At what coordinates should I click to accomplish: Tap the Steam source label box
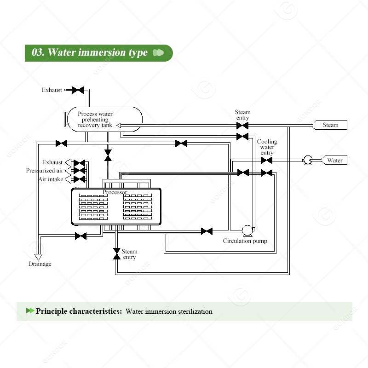[x=330, y=125]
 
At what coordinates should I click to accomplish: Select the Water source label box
[x=334, y=160]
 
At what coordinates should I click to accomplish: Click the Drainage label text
[x=40, y=264]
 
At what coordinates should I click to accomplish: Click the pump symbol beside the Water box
[x=306, y=160]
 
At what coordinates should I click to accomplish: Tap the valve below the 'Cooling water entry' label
[x=266, y=160]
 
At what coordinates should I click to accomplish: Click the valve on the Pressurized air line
[x=80, y=171]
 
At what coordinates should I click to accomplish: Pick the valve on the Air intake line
[x=80, y=179]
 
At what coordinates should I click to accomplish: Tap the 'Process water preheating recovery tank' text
[x=95, y=120]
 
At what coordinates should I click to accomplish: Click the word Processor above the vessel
[x=115, y=192]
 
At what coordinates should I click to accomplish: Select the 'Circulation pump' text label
[x=245, y=241]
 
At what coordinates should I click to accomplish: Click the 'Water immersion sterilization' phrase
[x=169, y=311]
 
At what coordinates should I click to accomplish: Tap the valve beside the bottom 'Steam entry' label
[x=116, y=253]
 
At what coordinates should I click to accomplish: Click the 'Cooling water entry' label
[x=267, y=147]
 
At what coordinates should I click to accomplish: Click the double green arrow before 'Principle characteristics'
[x=30, y=311]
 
